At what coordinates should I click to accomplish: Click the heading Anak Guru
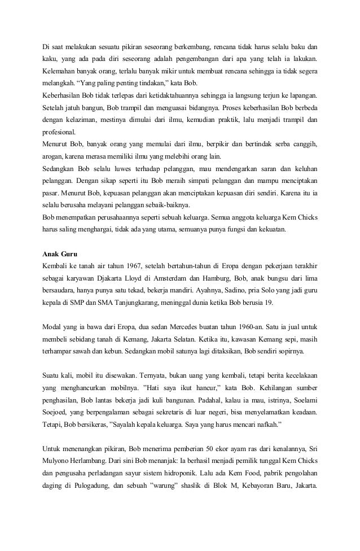pos(61,252)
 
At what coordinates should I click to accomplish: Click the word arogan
pos(55,156)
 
